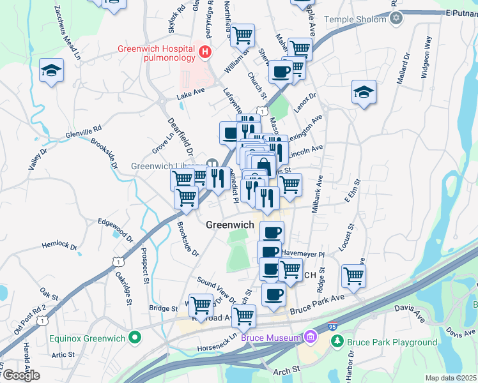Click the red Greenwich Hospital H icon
pyautogui.click(x=205, y=51)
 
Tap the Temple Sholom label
pyautogui.click(x=355, y=19)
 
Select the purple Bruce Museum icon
pyautogui.click(x=311, y=336)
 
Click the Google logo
pyautogui.click(x=20, y=375)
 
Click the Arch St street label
pyautogui.click(x=288, y=370)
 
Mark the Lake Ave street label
pyautogui.click(x=190, y=95)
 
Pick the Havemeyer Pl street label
pyautogui.click(x=304, y=254)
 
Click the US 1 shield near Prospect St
pyautogui.click(x=117, y=261)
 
